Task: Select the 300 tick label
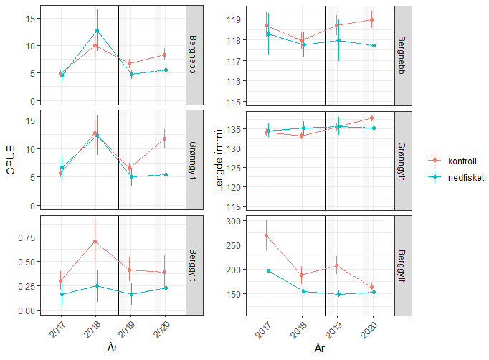[232, 221]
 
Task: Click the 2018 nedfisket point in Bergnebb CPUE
[97, 31]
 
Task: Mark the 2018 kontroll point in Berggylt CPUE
[95, 241]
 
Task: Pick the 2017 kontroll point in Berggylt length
[267, 235]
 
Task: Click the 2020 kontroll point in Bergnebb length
[371, 19]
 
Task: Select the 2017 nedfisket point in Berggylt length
[267, 270]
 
